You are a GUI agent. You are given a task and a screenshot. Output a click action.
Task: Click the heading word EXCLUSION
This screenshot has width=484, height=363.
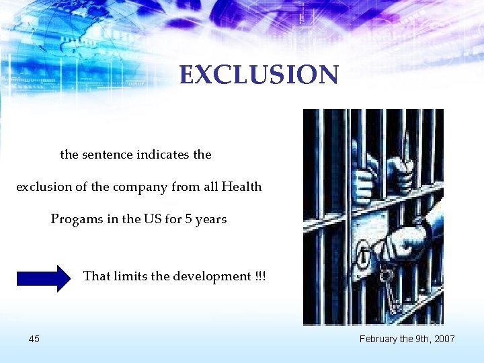259,75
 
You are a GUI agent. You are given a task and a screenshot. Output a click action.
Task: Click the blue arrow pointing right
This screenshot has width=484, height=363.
44,278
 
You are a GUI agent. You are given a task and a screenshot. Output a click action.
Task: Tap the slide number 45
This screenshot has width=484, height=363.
34,339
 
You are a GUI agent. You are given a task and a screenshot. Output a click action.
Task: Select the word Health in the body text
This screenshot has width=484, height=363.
241,187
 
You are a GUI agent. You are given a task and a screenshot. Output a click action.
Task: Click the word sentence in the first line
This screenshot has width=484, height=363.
108,155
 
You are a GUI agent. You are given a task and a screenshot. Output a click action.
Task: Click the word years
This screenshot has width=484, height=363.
210,219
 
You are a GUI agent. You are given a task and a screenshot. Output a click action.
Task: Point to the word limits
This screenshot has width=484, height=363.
134,276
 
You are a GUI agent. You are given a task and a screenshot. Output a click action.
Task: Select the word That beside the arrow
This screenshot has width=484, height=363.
96,276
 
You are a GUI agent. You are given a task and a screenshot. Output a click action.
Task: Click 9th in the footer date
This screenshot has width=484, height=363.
420,339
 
